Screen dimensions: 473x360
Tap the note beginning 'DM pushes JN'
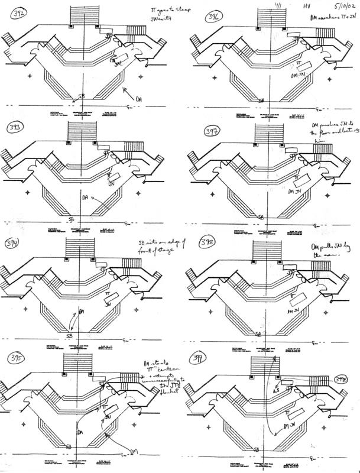(329, 137)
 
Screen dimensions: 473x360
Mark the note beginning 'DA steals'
(157, 370)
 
